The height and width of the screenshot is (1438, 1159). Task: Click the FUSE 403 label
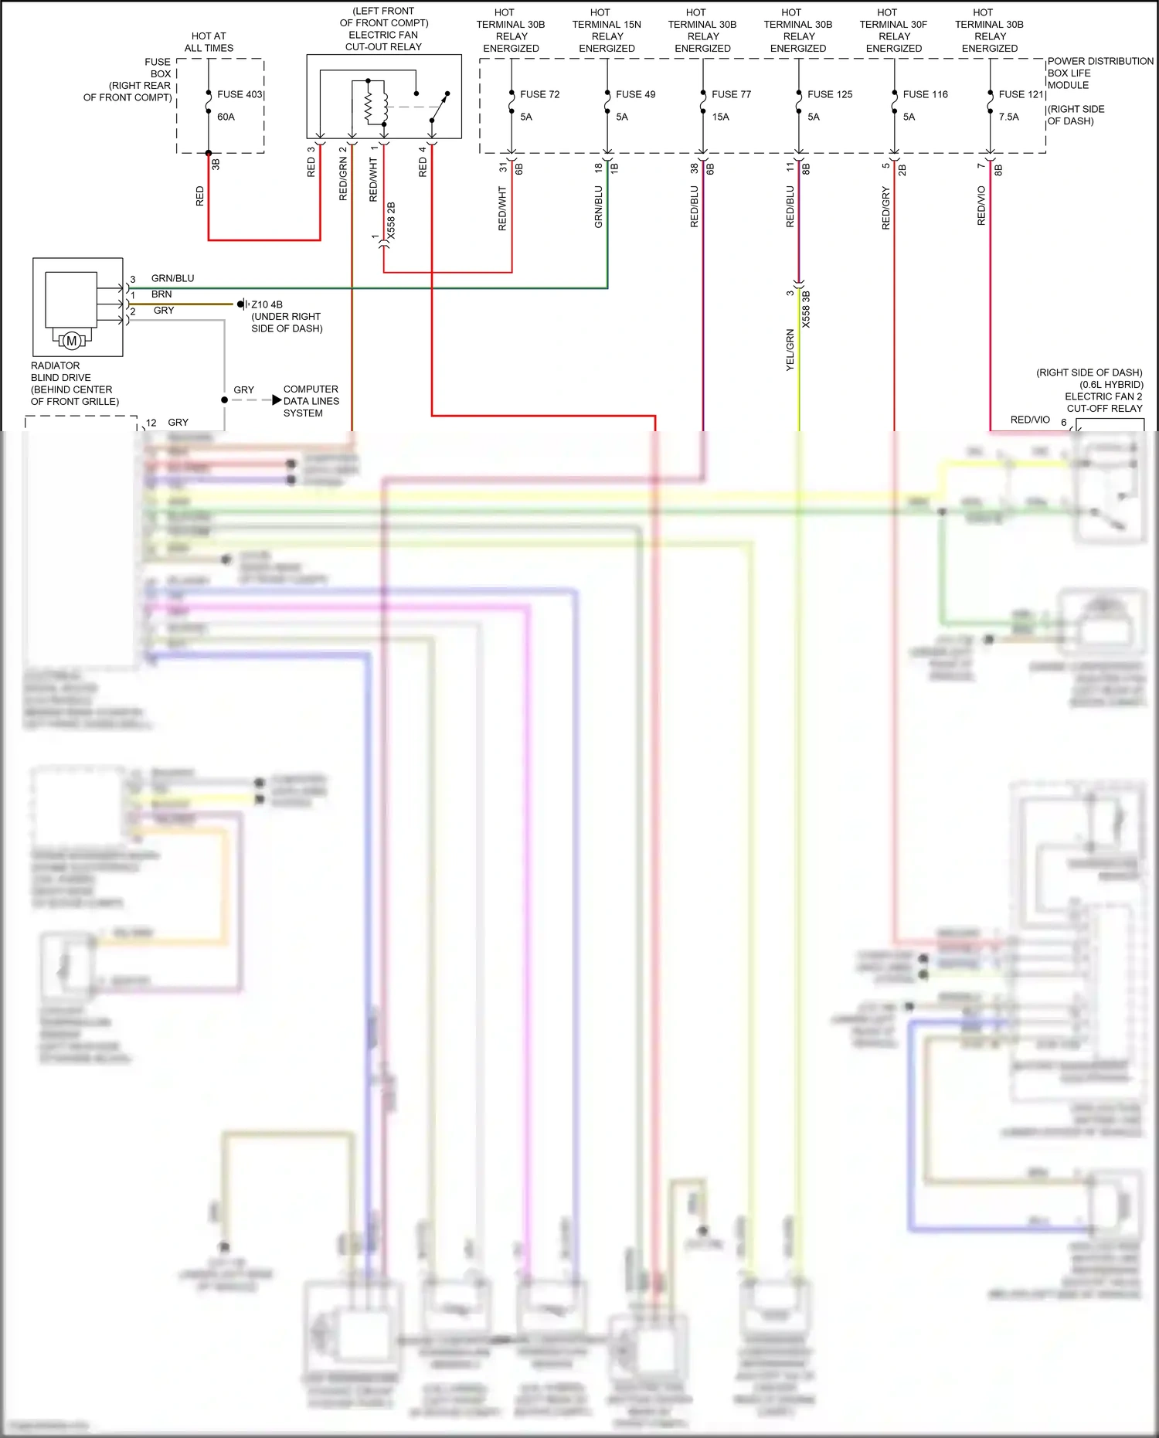240,94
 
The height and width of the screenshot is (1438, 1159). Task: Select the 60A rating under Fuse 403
226,117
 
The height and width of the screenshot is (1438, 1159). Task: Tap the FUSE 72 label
539,94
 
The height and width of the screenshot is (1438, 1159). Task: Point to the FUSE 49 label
635,94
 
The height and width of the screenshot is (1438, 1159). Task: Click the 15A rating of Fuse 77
720,117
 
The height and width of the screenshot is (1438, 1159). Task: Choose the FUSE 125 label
830,94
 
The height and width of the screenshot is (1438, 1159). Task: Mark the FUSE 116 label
925,94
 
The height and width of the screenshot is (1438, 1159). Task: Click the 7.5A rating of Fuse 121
1008,117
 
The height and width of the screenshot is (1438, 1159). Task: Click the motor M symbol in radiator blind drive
72,340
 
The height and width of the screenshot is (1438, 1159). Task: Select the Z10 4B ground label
267,304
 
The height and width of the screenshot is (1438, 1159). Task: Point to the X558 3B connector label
806,309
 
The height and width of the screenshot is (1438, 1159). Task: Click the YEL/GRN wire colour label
790,350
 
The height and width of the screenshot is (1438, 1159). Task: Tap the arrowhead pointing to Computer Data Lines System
277,400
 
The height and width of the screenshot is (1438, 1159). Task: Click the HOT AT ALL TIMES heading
209,42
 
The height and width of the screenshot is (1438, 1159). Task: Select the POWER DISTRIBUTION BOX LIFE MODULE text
1100,73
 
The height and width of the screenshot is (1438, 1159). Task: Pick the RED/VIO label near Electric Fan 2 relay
1030,420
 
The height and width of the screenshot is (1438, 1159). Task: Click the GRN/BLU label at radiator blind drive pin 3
172,278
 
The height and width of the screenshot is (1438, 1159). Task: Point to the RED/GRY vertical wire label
885,208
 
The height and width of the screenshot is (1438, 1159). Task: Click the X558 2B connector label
391,221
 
